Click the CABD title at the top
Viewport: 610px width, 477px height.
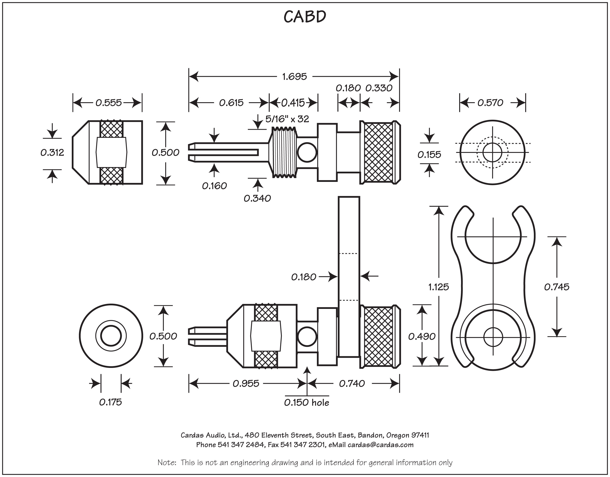pos(305,17)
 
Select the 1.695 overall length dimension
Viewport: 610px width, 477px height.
pos(294,77)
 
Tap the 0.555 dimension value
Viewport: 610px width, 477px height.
pos(109,103)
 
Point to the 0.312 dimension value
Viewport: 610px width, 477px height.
pos(52,152)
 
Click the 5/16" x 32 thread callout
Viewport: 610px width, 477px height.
pos(287,119)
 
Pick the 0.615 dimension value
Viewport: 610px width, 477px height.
pos(231,103)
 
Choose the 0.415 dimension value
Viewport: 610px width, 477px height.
pos(293,103)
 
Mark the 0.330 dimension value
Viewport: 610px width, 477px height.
pos(379,88)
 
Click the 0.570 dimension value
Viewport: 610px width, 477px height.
pos(490,103)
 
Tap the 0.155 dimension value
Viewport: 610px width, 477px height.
pos(429,154)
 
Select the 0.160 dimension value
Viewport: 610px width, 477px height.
pos(214,186)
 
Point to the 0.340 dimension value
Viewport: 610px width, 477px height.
pos(257,198)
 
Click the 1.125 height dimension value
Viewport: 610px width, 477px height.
pos(439,287)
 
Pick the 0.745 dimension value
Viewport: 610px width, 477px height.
pos(557,287)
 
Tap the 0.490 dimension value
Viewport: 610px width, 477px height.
pos(422,336)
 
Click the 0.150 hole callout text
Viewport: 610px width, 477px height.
pos(307,402)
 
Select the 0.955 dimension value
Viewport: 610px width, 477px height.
pos(246,383)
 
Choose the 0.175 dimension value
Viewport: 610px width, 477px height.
pos(111,402)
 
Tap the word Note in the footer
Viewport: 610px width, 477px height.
pos(166,462)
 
